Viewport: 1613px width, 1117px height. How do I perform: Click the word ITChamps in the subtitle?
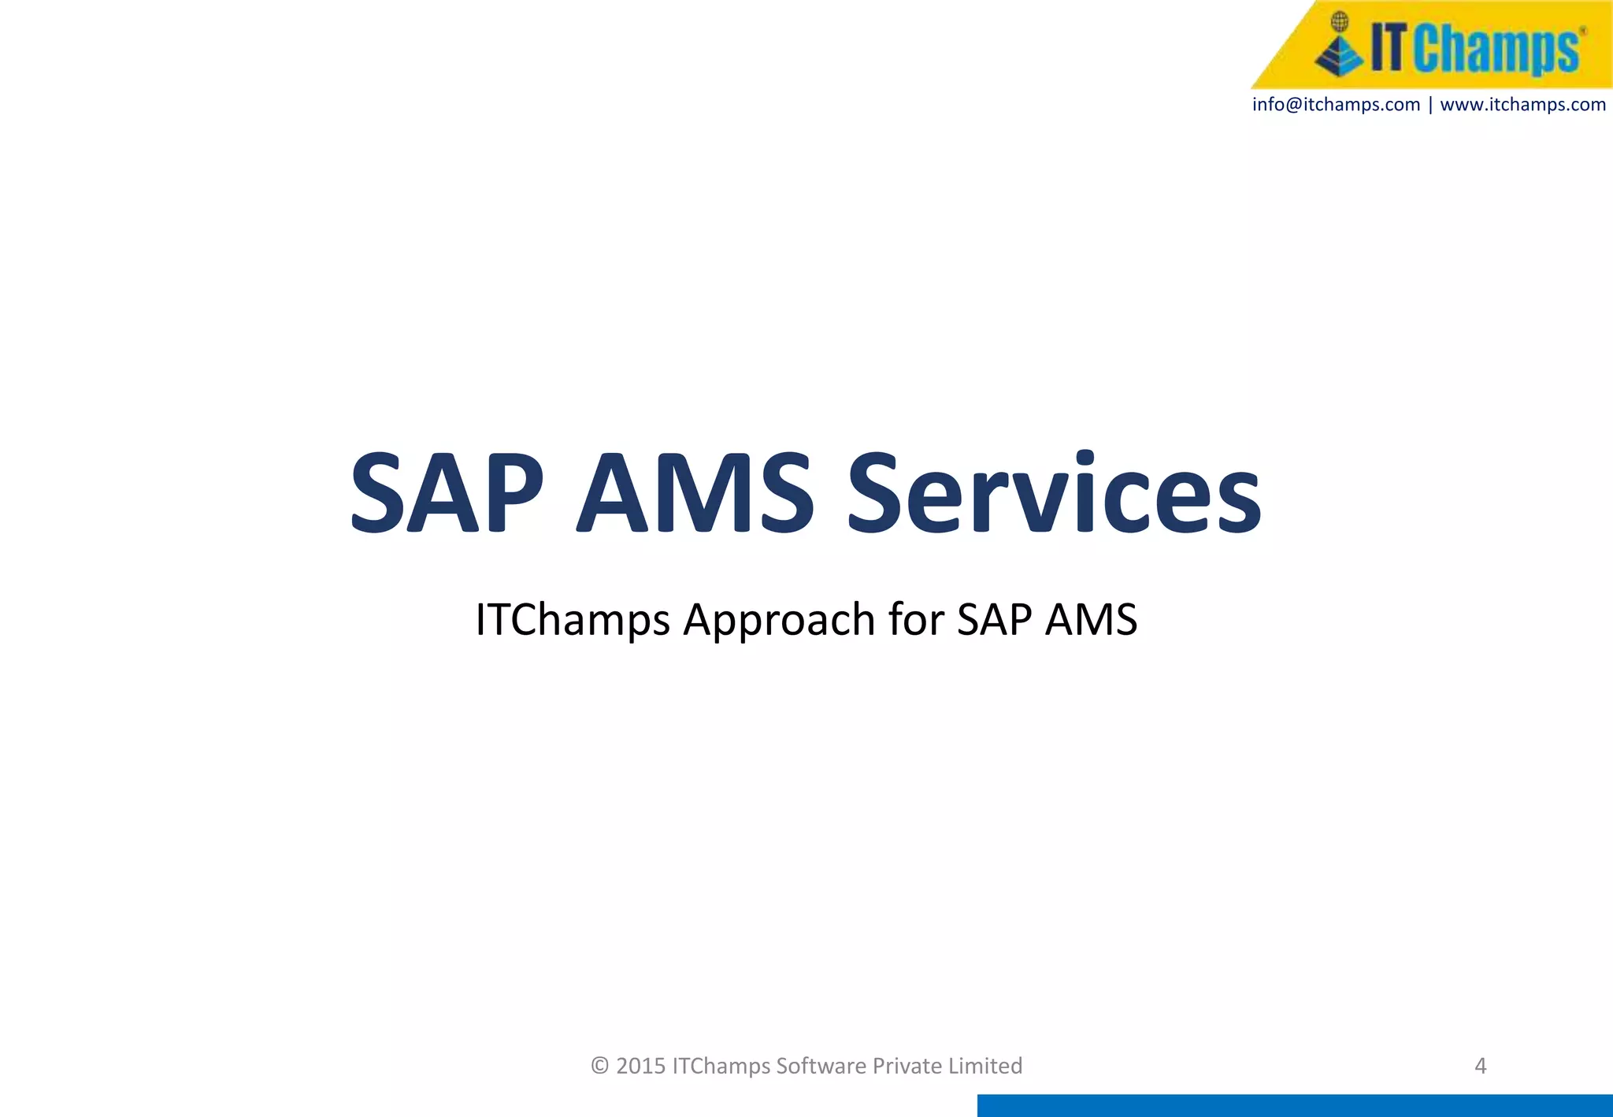pyautogui.click(x=573, y=619)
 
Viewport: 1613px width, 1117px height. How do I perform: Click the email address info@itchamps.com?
pyautogui.click(x=1336, y=105)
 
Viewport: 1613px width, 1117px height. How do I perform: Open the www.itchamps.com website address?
pyautogui.click(x=1522, y=105)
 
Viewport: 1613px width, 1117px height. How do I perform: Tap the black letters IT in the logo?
pyautogui.click(x=1388, y=47)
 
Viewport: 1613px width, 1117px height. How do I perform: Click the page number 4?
pyautogui.click(x=1480, y=1066)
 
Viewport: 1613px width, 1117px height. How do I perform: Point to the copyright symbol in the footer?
pyautogui.click(x=600, y=1066)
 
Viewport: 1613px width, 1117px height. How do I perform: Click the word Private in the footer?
pyautogui.click(x=907, y=1066)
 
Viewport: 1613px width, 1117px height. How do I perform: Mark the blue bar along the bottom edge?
pyautogui.click(x=1295, y=1105)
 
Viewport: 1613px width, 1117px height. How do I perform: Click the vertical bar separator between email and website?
pyautogui.click(x=1430, y=105)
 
